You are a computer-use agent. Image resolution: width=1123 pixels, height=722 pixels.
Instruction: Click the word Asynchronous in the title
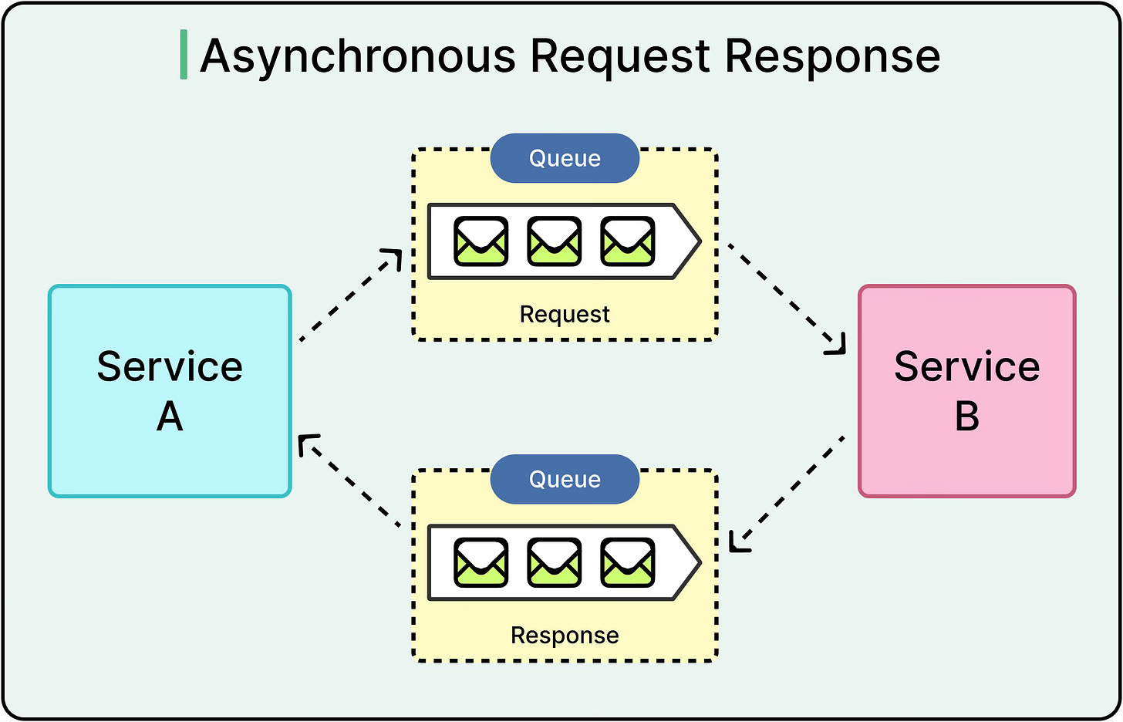[357, 57]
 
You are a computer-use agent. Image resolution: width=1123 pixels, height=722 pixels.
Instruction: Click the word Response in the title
[832, 57]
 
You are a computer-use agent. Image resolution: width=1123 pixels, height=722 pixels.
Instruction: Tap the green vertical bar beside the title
[184, 55]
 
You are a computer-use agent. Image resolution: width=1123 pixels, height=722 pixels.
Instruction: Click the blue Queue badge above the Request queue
[565, 158]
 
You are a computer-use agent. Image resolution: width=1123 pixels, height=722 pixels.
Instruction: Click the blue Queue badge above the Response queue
[565, 479]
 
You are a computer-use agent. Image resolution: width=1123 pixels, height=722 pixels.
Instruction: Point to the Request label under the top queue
[565, 314]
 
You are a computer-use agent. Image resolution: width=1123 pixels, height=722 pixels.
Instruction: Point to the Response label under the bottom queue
[565, 635]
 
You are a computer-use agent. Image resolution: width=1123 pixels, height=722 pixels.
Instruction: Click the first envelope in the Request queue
[481, 241]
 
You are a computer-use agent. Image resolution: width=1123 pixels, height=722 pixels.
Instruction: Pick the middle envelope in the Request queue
[554, 241]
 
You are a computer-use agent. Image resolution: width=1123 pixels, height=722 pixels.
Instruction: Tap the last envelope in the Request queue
[627, 241]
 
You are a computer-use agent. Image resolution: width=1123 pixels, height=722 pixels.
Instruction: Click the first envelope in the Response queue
[481, 562]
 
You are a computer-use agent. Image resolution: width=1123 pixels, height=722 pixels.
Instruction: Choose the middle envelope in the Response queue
[554, 562]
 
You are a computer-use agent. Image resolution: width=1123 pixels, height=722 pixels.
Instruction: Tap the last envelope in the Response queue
[627, 562]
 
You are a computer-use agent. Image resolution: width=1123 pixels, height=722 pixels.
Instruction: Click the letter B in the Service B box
[966, 417]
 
